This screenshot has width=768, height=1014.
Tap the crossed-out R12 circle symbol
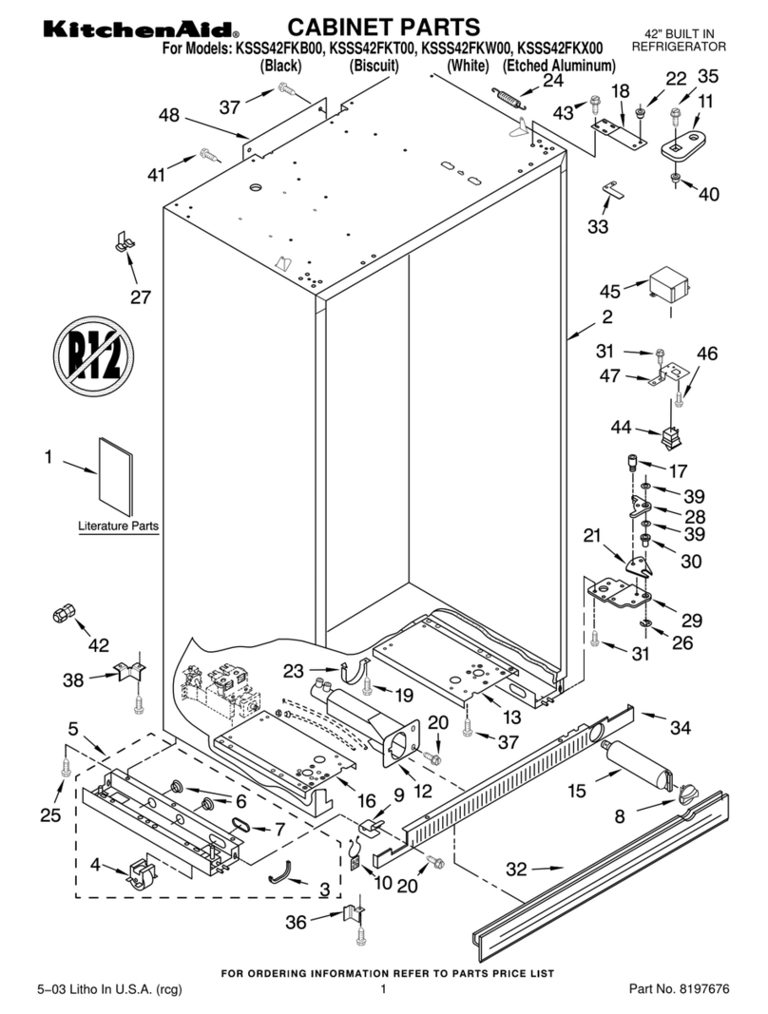point(92,353)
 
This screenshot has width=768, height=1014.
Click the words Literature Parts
point(119,526)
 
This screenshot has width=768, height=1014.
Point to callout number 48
point(169,116)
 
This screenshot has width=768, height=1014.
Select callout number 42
point(98,644)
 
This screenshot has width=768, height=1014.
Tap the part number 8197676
point(704,989)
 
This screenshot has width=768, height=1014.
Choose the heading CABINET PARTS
point(384,26)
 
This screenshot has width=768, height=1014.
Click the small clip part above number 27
point(124,240)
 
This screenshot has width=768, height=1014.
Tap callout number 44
point(622,429)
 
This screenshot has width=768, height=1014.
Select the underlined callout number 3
point(324,890)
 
